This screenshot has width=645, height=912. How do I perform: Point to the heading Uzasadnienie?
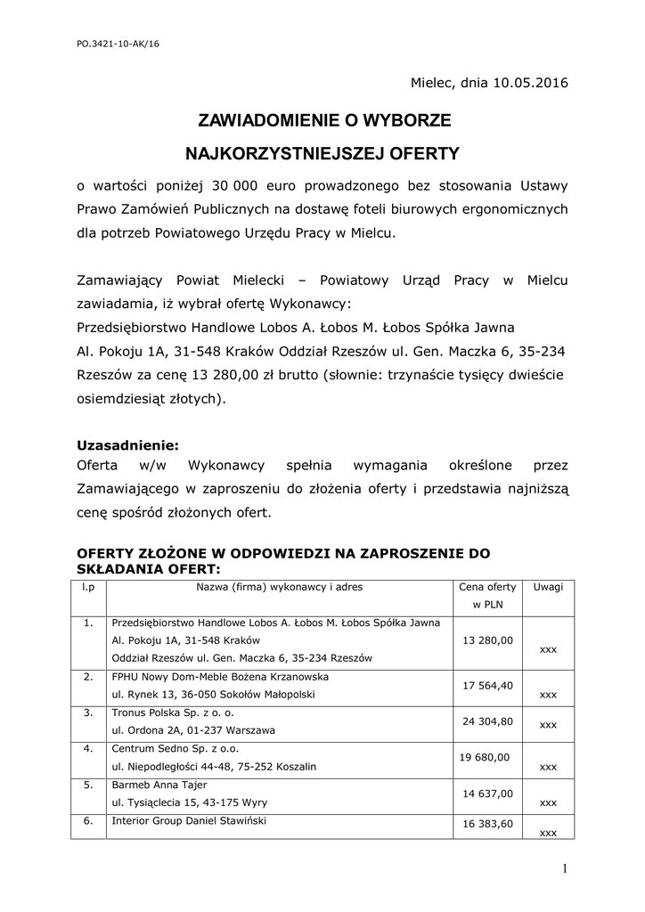(128, 444)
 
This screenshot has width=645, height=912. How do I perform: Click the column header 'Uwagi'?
(548, 587)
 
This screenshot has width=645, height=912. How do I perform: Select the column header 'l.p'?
(88, 587)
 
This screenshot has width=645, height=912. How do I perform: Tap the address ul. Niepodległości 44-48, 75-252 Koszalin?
(214, 766)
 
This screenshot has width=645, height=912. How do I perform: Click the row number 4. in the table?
(88, 748)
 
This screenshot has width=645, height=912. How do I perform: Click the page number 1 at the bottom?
(565, 868)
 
